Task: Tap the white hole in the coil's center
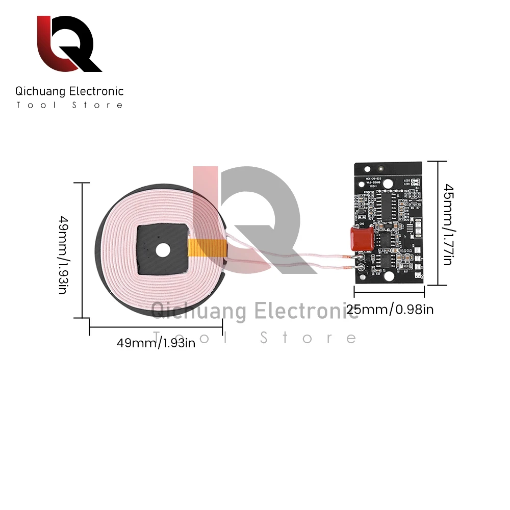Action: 163,249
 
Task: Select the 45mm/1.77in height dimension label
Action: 447,224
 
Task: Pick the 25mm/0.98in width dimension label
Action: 390,309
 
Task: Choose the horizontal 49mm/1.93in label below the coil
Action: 156,343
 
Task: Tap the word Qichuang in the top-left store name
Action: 40,92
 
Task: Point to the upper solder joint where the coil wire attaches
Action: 361,258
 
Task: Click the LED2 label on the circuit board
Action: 406,179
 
